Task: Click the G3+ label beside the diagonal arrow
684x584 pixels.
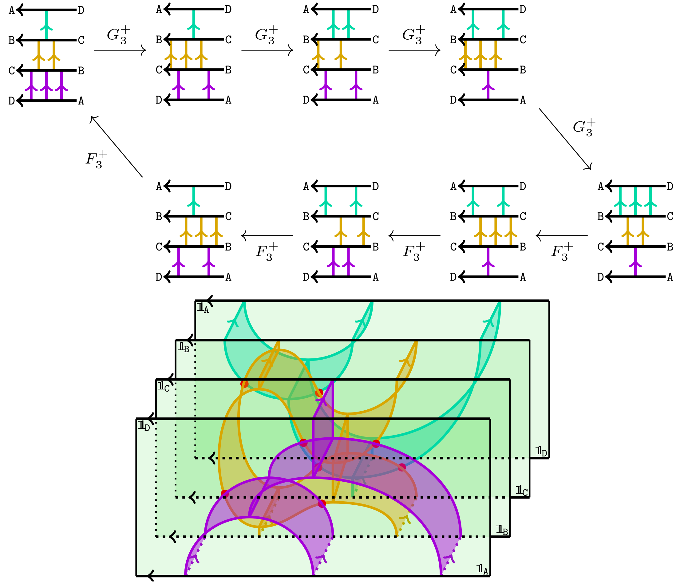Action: point(584,128)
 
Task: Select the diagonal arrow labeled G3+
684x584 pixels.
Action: point(565,139)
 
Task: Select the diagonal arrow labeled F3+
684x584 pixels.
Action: point(116,146)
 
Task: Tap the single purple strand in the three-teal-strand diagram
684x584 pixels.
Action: point(635,262)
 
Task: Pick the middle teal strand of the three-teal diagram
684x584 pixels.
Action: point(635,201)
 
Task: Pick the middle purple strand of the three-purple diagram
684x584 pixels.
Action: point(46,85)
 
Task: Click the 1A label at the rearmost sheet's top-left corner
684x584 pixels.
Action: point(203,308)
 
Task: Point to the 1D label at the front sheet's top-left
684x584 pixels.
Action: point(144,426)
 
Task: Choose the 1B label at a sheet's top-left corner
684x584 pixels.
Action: point(183,347)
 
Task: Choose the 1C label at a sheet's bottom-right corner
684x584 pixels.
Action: point(522,491)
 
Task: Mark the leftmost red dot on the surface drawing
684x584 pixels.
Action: point(224,494)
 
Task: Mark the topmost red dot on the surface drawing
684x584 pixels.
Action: point(244,384)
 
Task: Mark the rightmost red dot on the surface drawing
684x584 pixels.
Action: point(402,467)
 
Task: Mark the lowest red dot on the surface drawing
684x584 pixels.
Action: point(322,503)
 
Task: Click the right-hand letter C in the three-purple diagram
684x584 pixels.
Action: point(81,40)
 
